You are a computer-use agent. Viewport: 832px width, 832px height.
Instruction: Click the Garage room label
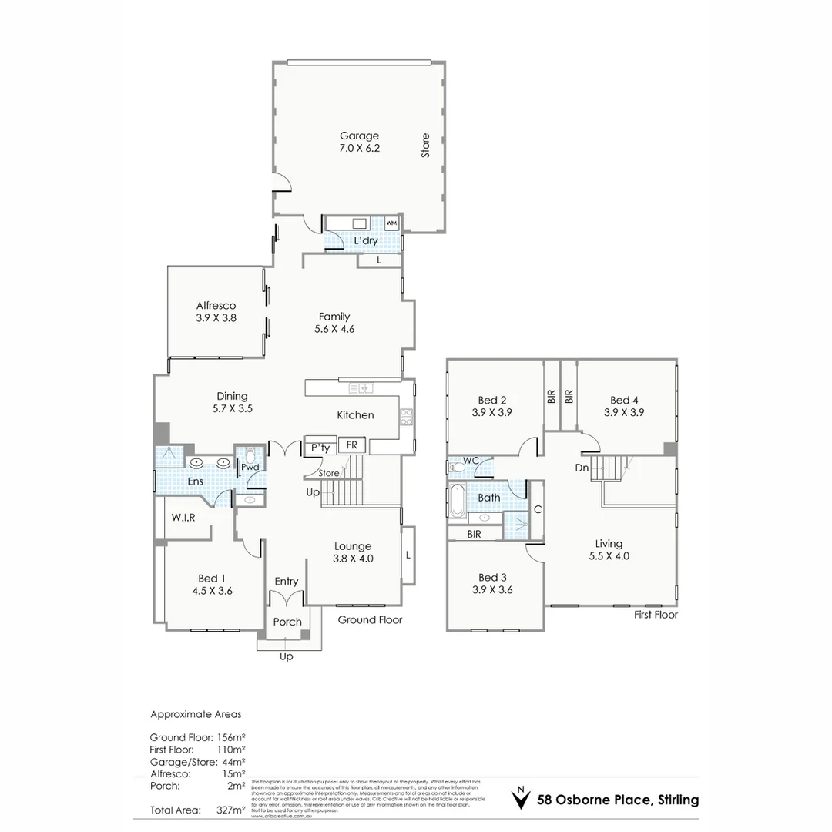[360, 136]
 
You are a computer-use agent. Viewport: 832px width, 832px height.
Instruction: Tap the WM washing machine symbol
[391, 223]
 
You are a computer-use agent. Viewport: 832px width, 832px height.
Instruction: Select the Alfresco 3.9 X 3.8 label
[216, 311]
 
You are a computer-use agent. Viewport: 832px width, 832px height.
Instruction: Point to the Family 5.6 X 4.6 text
[334, 323]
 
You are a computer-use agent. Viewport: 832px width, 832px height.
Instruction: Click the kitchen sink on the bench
[360, 387]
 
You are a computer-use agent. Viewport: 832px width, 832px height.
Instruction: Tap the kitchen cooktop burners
[407, 417]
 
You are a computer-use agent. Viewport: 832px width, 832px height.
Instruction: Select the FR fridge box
[351, 446]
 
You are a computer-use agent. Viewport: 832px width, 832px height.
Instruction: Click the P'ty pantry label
[320, 448]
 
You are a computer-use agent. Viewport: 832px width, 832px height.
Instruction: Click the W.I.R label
[183, 518]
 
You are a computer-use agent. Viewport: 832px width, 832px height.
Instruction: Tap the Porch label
[287, 622]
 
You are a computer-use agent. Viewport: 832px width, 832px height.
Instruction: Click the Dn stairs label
[582, 468]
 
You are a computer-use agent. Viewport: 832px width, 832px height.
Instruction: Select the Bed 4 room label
[624, 400]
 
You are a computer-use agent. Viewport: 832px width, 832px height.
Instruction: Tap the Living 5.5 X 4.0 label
[609, 549]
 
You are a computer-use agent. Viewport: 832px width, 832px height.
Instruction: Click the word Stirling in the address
[678, 800]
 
